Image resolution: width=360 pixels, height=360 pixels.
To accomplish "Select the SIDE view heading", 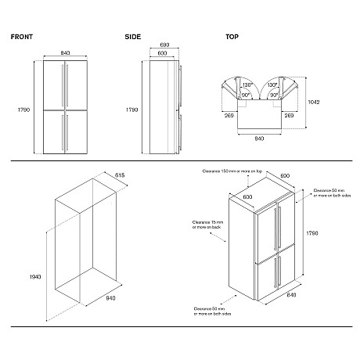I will pyautogui.click(x=132, y=37).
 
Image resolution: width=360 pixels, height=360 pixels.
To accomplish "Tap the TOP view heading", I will pyautogui.click(x=232, y=37).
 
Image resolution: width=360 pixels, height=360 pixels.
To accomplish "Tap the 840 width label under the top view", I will pyautogui.click(x=259, y=139).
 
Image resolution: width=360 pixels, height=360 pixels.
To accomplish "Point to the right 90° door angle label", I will pyautogui.click(x=273, y=94).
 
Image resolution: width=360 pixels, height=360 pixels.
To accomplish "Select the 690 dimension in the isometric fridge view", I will pyautogui.click(x=285, y=177).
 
